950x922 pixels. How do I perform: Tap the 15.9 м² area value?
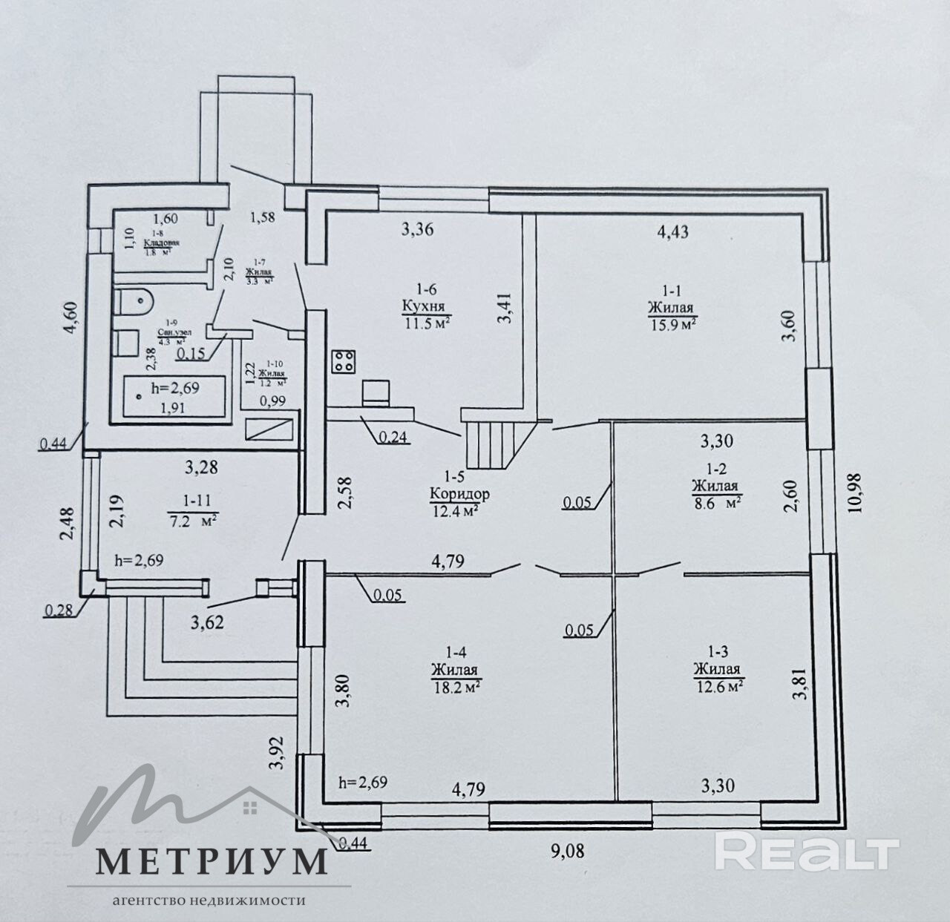tap(671, 323)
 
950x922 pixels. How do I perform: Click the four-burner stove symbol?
tap(344, 361)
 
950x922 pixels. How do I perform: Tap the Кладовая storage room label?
tap(161, 243)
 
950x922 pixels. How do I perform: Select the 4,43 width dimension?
tap(672, 231)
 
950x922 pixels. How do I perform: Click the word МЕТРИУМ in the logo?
tap(212, 860)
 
